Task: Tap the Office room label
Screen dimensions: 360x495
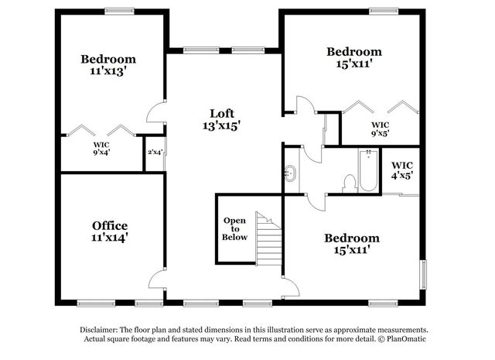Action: tap(110, 226)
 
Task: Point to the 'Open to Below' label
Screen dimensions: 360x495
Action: tap(235, 229)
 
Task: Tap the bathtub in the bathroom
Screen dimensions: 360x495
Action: tap(366, 174)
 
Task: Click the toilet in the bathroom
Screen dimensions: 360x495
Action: tap(349, 182)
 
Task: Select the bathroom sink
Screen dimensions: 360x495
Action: tap(291, 173)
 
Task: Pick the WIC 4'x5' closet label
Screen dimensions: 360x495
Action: tap(401, 170)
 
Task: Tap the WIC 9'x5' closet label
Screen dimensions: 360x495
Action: tap(380, 129)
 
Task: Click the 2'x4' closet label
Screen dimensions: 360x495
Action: tap(155, 152)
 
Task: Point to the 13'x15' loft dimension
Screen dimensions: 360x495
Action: tap(222, 125)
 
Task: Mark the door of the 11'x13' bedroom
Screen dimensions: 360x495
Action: tap(158, 113)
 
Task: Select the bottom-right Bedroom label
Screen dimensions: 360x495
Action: tap(352, 238)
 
